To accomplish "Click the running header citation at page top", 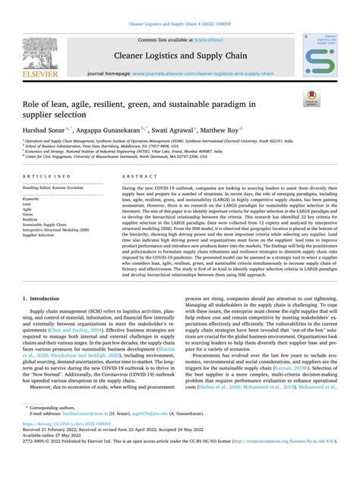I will [x=180, y=6].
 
